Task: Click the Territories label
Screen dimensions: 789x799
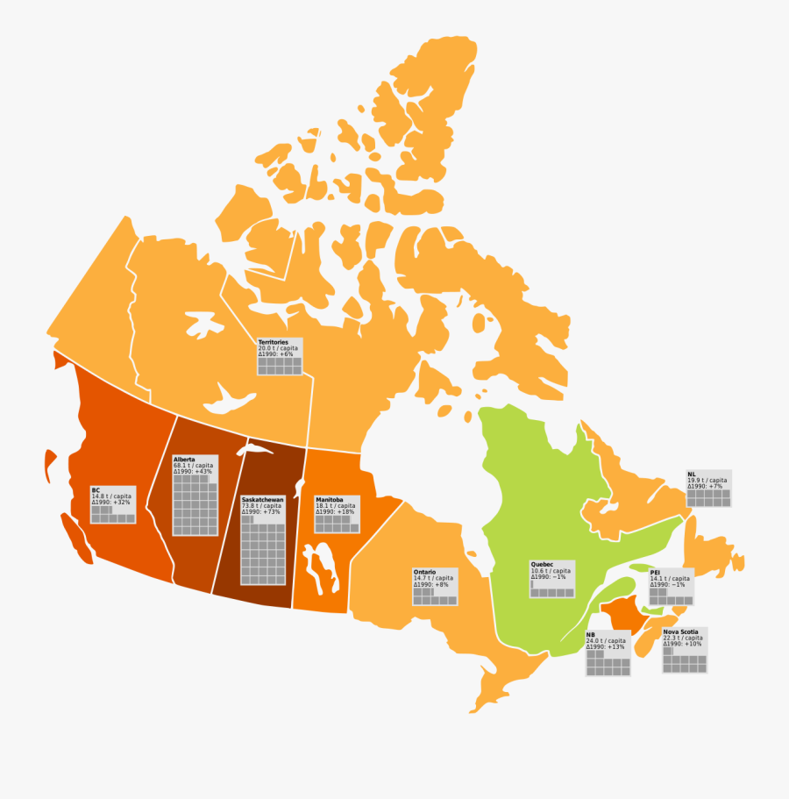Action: (273, 342)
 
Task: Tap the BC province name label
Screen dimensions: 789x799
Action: (96, 490)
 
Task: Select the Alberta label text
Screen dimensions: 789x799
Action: (184, 460)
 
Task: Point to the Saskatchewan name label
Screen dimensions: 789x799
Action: (261, 500)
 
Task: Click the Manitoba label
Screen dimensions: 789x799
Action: (330, 500)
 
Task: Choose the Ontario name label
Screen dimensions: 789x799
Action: (424, 572)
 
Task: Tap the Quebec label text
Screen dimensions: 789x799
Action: (542, 564)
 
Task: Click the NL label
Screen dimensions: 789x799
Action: (692, 474)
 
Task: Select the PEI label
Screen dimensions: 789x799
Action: (655, 572)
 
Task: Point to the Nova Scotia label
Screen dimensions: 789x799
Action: (680, 632)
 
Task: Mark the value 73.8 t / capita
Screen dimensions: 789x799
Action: (261, 506)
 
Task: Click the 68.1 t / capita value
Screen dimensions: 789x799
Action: (193, 466)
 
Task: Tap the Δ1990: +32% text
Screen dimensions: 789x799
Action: (111, 503)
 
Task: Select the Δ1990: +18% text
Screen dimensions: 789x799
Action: (335, 512)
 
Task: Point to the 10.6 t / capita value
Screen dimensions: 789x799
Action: (550, 571)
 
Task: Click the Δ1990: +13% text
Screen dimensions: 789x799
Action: (607, 647)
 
